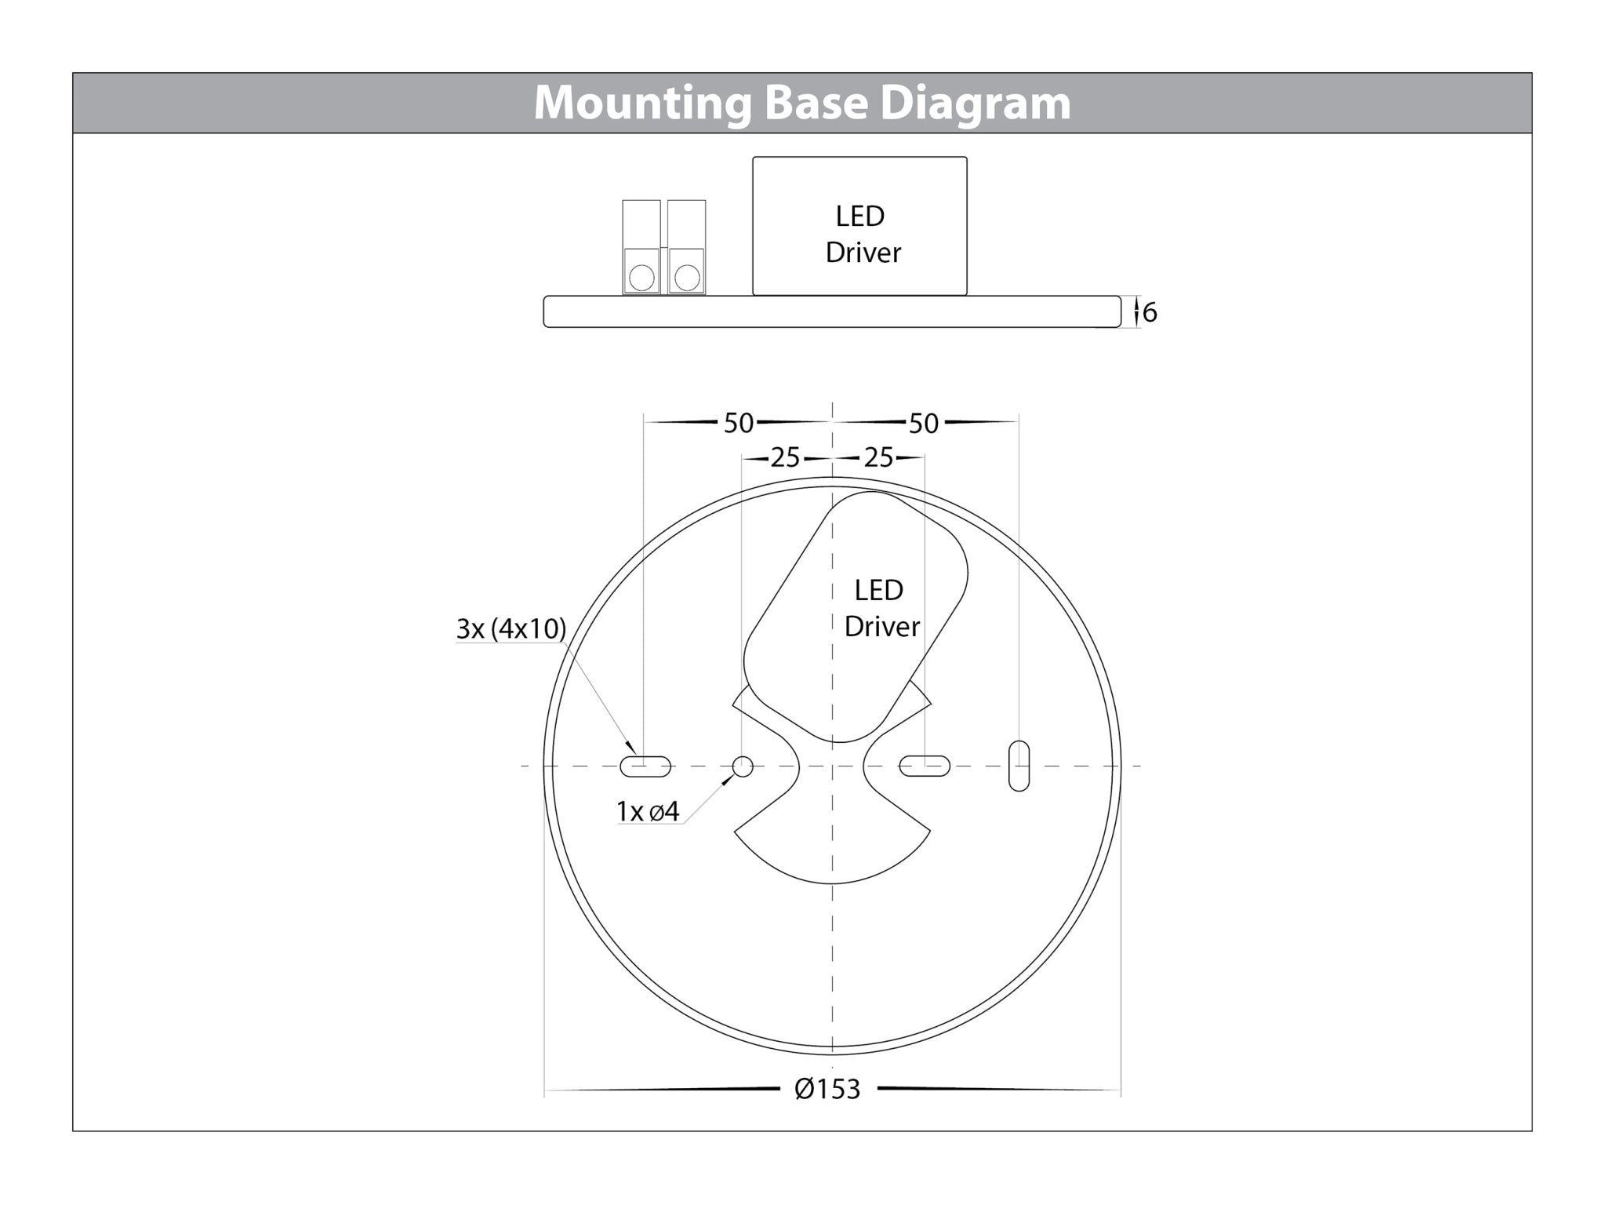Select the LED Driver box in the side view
pos(859,226)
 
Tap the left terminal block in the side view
pos(641,246)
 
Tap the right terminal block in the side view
pos(686,246)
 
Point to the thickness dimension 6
pos(1150,313)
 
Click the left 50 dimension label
pos(738,424)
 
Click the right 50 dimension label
pos(923,424)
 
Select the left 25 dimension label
pos(784,457)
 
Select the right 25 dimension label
pos(878,457)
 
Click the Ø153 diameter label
pos(827,1090)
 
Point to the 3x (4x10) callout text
pos(511,629)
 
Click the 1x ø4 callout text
pos(648,812)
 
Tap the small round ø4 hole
pos(743,766)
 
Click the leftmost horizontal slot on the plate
pos(645,766)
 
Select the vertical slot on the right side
pos(1019,766)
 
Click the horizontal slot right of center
pos(925,766)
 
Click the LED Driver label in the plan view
pos(880,609)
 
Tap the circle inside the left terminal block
pos(641,278)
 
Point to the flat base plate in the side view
pos(831,311)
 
